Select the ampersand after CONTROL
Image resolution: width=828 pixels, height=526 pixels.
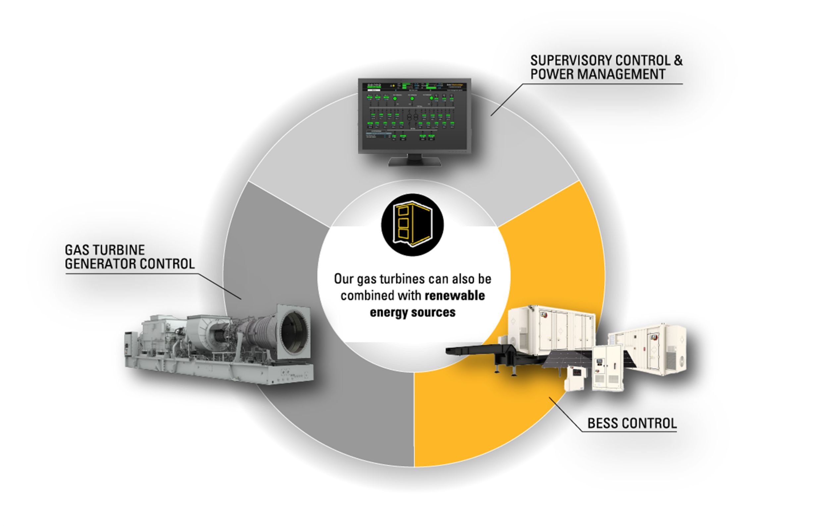pyautogui.click(x=678, y=61)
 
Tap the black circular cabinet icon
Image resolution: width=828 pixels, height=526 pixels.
pyautogui.click(x=412, y=225)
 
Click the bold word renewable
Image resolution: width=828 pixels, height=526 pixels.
pyautogui.click(x=455, y=296)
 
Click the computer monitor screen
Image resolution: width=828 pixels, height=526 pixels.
pyautogui.click(x=414, y=115)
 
